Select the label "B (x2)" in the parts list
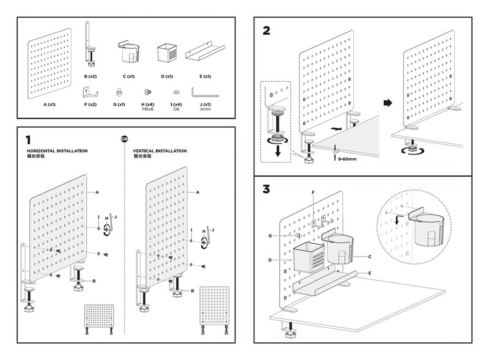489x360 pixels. point(90,76)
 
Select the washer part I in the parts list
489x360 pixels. point(177,92)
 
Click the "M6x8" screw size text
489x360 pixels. point(148,109)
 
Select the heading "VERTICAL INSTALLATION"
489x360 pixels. point(160,150)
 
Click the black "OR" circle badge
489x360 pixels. point(124,139)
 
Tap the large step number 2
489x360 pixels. point(266,31)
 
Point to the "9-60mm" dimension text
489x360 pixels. point(348,158)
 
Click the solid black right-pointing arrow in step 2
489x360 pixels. point(387,103)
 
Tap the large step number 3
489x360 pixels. point(266,189)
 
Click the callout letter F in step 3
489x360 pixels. point(314,193)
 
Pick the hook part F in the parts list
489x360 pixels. point(90,93)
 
